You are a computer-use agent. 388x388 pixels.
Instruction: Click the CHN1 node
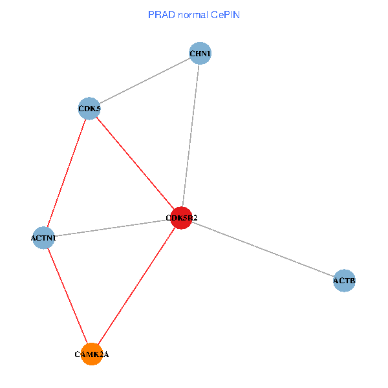tap(200, 53)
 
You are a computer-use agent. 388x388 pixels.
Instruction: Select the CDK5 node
tap(89, 109)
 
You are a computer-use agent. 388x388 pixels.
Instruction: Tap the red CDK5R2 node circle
tap(182, 218)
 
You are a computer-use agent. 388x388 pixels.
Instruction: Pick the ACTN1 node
tap(43, 238)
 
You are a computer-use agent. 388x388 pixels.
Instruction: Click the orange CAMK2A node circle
tap(92, 354)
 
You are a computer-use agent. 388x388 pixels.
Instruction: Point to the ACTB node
tap(344, 281)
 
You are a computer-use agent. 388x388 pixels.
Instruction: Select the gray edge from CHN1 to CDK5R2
tap(191, 136)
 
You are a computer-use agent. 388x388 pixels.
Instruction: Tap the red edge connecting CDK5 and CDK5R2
tap(136, 164)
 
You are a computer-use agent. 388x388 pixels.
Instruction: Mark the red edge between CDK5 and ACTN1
tap(67, 173)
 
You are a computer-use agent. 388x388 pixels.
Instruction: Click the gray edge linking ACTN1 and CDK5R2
tap(113, 228)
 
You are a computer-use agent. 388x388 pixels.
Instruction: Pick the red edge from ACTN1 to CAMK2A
tap(68, 296)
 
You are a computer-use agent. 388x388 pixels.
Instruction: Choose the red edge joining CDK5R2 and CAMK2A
tap(137, 286)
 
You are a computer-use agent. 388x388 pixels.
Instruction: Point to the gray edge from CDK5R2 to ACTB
tap(263, 249)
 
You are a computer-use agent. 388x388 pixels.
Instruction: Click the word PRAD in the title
tap(161, 14)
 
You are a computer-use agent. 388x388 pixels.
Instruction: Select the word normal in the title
tap(192, 14)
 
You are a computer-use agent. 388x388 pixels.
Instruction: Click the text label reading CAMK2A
tap(92, 354)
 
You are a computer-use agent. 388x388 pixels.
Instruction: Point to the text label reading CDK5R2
tap(182, 218)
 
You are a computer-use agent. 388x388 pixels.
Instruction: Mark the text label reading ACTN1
tap(43, 239)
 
